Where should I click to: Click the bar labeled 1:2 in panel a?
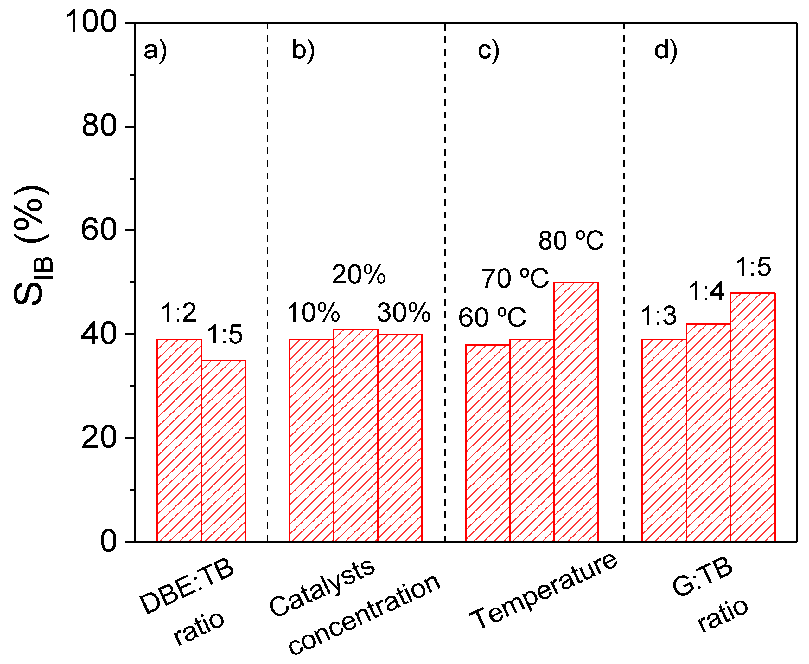(179, 440)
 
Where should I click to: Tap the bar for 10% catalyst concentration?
(311, 440)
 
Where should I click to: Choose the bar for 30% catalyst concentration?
(400, 438)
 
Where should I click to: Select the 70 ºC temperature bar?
(532, 440)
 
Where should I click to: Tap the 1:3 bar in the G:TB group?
(664, 440)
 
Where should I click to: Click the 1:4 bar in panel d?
(709, 432)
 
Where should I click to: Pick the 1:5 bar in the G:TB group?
(752, 417)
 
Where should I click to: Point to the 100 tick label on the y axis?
(91, 22)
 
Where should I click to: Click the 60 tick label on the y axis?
(99, 230)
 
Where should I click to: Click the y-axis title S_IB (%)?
(33, 245)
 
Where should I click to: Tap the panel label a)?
(155, 50)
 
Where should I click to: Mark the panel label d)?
(666, 50)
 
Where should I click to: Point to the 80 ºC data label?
(571, 241)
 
